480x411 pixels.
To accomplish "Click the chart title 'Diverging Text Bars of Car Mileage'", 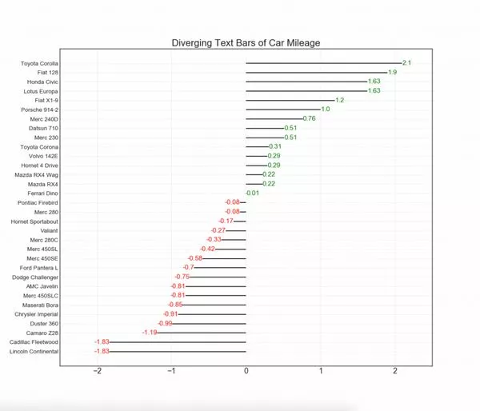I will point(246,43).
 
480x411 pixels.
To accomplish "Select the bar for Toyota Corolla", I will point(323,62).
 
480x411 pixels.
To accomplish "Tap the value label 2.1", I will point(406,62).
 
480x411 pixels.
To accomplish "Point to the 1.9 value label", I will point(392,72).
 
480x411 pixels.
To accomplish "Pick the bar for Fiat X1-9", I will point(290,100).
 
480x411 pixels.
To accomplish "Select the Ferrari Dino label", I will point(40,193).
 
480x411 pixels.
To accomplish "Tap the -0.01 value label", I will point(251,193).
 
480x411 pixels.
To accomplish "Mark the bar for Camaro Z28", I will point(202,332).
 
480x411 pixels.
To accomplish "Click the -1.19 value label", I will point(149,332).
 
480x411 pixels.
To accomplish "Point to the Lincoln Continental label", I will point(33,350).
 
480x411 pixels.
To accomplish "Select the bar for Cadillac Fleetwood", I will point(178,341).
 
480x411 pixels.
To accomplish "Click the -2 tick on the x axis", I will point(98,371).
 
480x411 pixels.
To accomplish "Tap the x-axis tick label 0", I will point(246,371).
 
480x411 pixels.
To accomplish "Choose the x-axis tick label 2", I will point(395,371).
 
